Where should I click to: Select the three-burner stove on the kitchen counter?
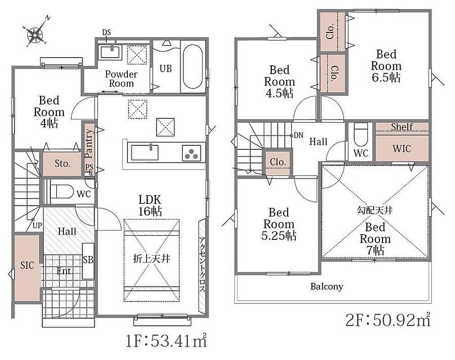(x=192, y=153)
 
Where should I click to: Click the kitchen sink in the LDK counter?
(x=145, y=152)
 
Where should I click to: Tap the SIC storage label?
(x=27, y=265)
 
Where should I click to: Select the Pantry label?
(x=90, y=143)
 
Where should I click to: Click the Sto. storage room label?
(x=63, y=164)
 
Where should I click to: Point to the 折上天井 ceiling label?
(x=152, y=258)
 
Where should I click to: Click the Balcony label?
(x=327, y=287)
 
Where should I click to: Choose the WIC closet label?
(x=402, y=149)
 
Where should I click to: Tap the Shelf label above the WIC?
(x=402, y=127)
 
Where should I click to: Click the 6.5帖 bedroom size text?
(x=386, y=77)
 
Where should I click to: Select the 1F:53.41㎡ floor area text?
(x=166, y=340)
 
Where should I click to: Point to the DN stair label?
(x=298, y=135)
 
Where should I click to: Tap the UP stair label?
(x=37, y=225)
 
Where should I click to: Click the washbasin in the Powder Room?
(x=110, y=52)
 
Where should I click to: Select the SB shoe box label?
(x=88, y=260)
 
